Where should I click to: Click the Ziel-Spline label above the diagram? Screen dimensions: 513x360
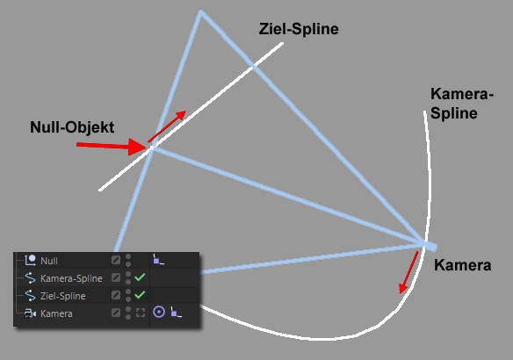[x=299, y=29]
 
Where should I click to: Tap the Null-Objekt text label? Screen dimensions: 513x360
[x=72, y=127]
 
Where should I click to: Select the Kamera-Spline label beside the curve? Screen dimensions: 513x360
[x=462, y=104]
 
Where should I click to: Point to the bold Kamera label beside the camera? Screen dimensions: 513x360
[x=463, y=265]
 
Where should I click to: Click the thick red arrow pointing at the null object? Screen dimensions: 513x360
[x=112, y=146]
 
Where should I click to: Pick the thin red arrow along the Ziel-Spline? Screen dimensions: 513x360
[x=167, y=126]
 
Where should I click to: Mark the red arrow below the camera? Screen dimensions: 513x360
[x=408, y=272]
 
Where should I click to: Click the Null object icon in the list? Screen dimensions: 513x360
[x=31, y=260]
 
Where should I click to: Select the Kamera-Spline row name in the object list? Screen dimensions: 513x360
[x=71, y=278]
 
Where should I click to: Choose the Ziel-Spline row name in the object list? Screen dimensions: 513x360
[x=63, y=296]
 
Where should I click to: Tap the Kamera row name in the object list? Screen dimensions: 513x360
[x=56, y=313]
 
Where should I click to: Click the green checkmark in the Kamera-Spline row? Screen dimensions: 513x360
[x=140, y=277]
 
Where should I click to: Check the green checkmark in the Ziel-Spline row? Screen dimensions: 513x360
[x=140, y=295]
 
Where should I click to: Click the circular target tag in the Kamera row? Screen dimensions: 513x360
[x=159, y=312]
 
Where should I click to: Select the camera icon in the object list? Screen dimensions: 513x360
[x=30, y=313]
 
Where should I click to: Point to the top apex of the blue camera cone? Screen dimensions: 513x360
[x=200, y=12]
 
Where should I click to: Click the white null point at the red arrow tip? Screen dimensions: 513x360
[x=151, y=148]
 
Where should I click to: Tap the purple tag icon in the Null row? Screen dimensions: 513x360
[x=158, y=259]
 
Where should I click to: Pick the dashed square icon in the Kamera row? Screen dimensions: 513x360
[x=141, y=313]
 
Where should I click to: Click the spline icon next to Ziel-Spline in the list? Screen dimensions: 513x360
[x=30, y=296]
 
